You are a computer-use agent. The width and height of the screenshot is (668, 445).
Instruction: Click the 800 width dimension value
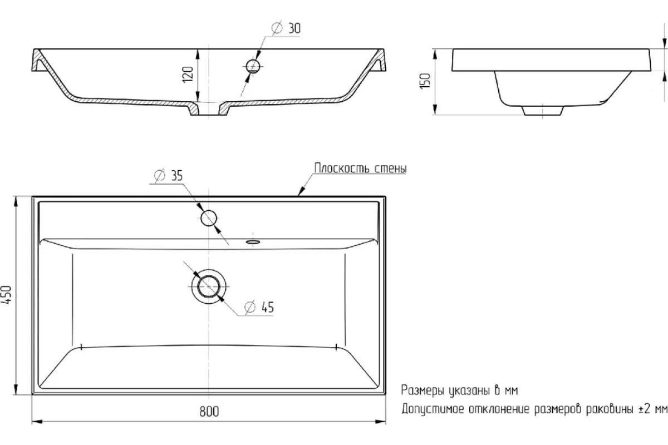(x=209, y=411)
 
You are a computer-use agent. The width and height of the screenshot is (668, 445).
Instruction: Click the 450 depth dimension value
(x=7, y=294)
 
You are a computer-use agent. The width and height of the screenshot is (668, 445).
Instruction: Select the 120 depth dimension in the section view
(x=188, y=75)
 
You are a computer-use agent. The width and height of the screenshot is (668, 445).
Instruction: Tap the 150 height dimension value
(x=425, y=81)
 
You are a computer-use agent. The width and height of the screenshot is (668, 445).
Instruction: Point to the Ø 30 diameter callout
(x=286, y=28)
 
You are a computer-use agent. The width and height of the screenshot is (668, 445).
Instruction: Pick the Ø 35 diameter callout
(x=168, y=176)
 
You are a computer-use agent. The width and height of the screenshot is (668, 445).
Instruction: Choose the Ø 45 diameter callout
(x=259, y=307)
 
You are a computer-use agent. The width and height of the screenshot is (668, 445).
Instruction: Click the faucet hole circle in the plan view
(x=208, y=218)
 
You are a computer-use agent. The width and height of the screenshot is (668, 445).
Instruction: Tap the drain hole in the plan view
(x=209, y=286)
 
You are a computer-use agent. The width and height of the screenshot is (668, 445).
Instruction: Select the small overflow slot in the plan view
(x=253, y=242)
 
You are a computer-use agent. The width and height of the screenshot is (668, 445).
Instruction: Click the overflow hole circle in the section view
(x=253, y=66)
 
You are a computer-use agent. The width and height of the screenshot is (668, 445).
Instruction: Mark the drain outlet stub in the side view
(x=543, y=110)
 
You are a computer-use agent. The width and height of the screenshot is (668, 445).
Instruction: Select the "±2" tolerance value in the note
(x=645, y=409)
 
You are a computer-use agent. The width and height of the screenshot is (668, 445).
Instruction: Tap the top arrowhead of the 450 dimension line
(x=16, y=201)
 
